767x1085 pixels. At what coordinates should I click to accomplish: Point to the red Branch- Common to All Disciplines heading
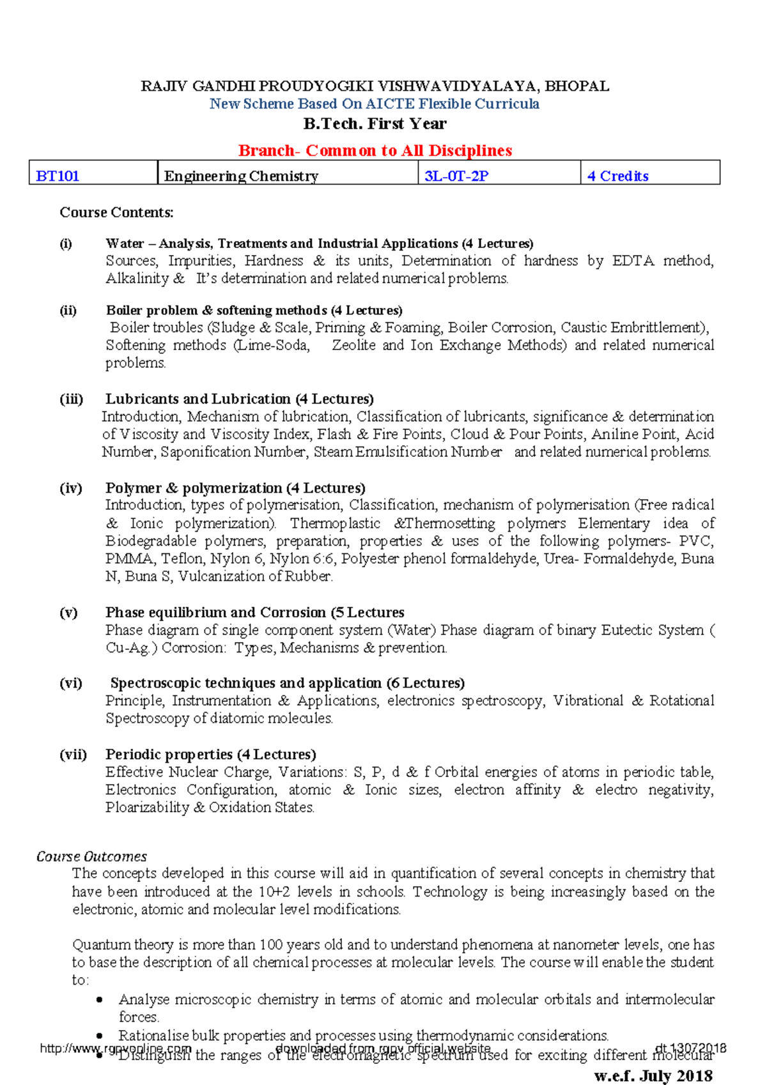[x=375, y=151]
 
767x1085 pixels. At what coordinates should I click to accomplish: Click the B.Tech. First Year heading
[x=375, y=124]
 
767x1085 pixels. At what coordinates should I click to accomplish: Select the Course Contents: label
[x=116, y=212]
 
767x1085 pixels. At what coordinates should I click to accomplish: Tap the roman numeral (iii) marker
[x=72, y=399]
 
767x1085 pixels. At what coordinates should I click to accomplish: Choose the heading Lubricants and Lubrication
[x=198, y=399]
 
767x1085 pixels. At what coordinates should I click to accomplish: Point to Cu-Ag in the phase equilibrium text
[x=127, y=649]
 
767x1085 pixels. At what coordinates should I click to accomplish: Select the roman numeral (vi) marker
[x=71, y=683]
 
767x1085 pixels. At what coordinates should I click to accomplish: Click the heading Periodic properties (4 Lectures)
[x=211, y=755]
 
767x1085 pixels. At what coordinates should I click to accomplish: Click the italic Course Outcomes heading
[x=91, y=856]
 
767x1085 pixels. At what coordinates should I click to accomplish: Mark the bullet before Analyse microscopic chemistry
[x=99, y=1000]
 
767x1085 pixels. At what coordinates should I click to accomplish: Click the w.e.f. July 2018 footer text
[x=653, y=1075]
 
